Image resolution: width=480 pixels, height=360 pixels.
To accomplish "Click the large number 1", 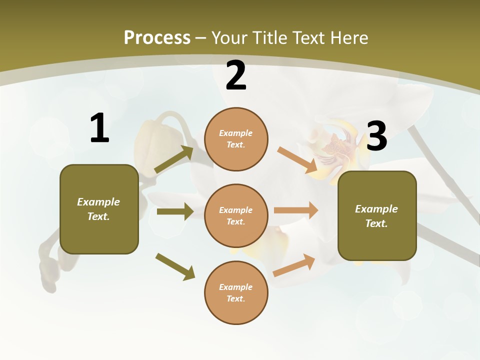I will click(99, 128).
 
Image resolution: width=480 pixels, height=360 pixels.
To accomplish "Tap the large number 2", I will click(236, 76).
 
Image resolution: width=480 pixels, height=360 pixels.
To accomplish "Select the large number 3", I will click(376, 136).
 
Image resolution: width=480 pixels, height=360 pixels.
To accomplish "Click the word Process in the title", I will click(157, 37).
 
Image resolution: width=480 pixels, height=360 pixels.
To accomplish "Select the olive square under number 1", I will click(99, 209).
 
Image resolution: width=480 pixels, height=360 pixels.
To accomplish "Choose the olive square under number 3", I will click(377, 215).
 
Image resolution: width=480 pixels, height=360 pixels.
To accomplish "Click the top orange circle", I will click(236, 139).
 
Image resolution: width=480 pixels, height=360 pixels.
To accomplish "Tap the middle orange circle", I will click(236, 215).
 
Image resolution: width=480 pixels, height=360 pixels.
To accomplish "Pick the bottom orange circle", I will click(236, 292).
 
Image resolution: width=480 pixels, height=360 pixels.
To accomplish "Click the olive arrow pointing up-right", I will click(174, 159).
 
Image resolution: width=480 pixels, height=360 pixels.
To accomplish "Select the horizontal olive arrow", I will click(174, 211).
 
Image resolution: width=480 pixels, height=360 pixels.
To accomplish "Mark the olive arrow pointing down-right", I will click(175, 266).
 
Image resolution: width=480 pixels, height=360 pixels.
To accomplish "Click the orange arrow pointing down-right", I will click(297, 160).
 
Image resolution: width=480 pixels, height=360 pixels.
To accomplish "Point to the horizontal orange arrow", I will click(295, 210).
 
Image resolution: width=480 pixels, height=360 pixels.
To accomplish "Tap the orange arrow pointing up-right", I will click(294, 265).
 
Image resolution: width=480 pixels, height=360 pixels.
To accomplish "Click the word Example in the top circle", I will click(236, 133).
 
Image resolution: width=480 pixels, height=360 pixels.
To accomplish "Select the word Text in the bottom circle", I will click(235, 298).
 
